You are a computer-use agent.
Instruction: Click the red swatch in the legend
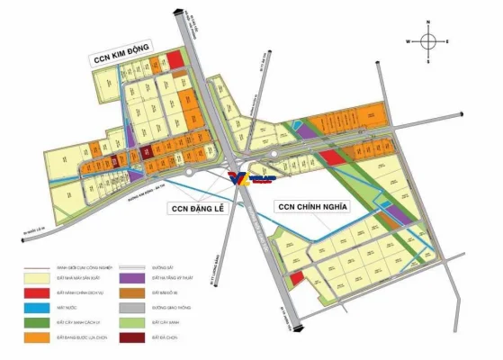click(38, 294)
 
